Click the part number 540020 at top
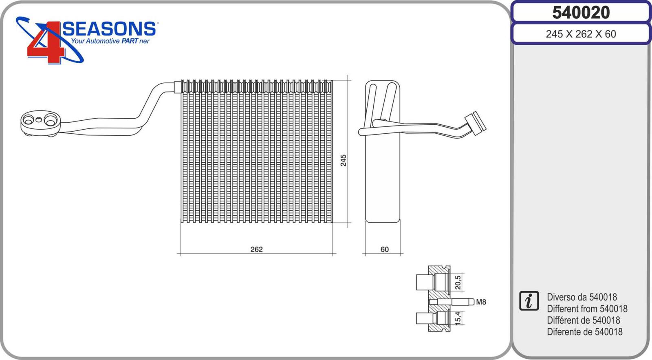581,13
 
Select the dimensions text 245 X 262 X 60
581,34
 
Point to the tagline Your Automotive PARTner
110,41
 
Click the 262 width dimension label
256,250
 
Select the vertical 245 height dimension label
344,161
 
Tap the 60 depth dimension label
385,250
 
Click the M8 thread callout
481,302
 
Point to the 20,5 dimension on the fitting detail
458,283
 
